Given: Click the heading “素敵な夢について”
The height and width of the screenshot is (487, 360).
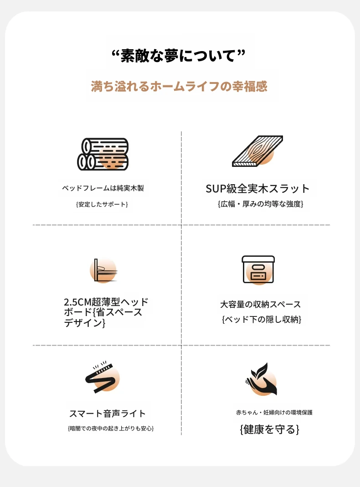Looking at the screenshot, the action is point(179,56).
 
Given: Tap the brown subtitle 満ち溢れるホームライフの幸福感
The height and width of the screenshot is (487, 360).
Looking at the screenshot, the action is point(179,86).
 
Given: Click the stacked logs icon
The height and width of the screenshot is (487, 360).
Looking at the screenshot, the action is point(103,155).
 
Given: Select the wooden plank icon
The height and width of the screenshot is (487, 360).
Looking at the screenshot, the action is point(257,151).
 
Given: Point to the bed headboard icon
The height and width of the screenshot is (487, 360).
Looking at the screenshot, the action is point(103,270).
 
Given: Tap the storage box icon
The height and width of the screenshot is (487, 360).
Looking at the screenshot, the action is point(258,269).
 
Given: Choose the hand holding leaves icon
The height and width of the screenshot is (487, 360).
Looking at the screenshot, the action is point(261,379).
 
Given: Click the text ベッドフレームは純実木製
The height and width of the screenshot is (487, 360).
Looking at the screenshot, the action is point(103,188).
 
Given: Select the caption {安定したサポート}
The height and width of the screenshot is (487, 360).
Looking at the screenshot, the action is point(102,204).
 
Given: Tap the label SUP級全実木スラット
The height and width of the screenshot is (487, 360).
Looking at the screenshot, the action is point(257,188).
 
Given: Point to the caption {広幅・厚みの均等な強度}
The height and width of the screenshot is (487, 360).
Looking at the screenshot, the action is point(260,204).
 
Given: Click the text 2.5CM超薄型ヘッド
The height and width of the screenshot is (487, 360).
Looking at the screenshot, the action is point(106,302).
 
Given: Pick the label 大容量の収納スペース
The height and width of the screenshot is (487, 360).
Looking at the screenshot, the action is point(260,305).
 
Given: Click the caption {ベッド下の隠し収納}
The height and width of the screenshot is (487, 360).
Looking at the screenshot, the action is point(262,319).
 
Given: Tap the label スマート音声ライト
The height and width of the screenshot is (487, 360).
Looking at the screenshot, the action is point(108,414).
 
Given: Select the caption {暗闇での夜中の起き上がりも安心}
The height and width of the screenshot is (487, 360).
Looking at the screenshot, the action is point(111,429).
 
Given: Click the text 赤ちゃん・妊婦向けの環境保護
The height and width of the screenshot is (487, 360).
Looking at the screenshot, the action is point(274,413).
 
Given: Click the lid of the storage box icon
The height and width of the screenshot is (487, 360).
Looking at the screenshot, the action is point(258,259).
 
